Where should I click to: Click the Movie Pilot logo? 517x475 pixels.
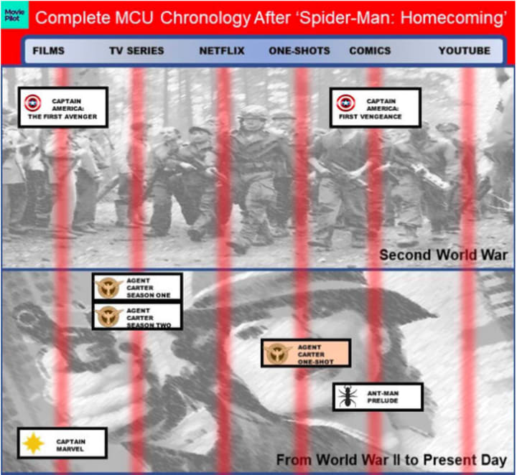coord(14,15)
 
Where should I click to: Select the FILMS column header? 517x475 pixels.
coord(49,51)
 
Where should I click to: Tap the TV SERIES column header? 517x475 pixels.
coord(136,51)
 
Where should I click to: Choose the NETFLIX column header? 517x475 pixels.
coord(222,51)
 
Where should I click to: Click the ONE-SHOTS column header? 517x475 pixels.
coord(299,51)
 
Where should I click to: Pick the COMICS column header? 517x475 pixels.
coord(370,51)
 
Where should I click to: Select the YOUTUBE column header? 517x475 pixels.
coord(465,51)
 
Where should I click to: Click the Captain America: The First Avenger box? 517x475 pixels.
coord(63,108)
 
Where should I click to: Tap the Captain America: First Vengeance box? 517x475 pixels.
coord(376,108)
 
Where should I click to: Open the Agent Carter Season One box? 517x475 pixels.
coord(137,287)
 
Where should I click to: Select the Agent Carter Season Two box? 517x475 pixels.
coord(137,316)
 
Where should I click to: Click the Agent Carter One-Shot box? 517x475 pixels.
coord(306,353)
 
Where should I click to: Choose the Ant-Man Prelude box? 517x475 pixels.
coord(378,397)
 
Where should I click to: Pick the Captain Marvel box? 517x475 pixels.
coord(62,443)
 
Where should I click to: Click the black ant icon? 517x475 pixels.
coord(348,396)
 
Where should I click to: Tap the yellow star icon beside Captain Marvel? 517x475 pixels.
coord(33,443)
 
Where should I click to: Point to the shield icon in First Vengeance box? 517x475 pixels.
coord(346,103)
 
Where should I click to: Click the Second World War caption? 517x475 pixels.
coord(443,255)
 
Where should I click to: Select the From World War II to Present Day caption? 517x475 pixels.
coord(391,460)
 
